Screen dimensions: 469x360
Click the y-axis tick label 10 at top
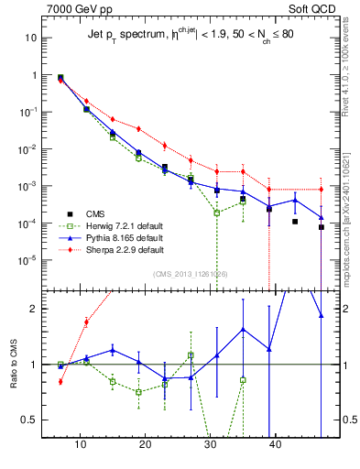[30, 38]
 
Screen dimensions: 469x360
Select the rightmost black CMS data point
[322, 227]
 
